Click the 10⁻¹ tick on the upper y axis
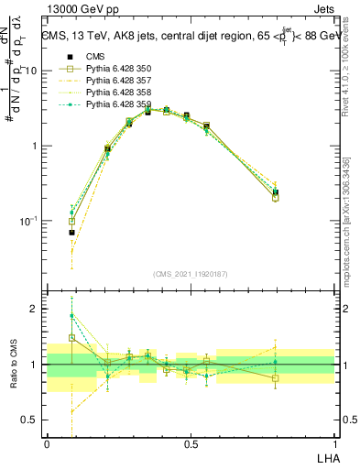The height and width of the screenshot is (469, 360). [x=30, y=221]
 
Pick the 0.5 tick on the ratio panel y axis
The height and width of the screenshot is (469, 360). [x=32, y=420]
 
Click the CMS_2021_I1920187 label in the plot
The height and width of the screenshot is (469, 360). [x=191, y=274]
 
